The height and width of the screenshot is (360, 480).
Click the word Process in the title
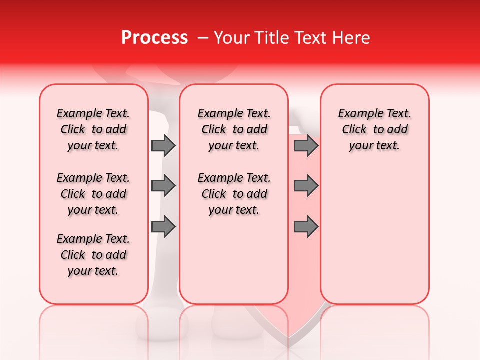click(x=154, y=38)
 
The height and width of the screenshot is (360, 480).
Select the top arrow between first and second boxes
click(x=163, y=145)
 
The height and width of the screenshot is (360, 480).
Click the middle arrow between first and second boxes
click(x=163, y=186)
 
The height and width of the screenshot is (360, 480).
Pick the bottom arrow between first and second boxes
click(x=163, y=227)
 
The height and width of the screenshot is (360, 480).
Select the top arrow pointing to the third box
click(x=306, y=145)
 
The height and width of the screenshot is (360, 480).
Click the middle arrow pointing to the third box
click(x=306, y=186)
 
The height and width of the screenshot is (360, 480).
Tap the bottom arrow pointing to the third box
click(x=306, y=227)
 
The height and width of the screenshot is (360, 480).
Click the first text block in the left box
click(x=93, y=129)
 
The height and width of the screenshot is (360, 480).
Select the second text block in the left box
click(x=93, y=194)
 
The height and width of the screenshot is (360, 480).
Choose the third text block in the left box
click(x=93, y=255)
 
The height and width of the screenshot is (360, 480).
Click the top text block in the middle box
click(x=234, y=129)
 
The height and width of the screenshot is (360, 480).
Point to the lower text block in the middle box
click(x=234, y=194)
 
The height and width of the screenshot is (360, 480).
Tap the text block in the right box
click(x=374, y=129)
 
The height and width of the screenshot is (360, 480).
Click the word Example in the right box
click(x=356, y=114)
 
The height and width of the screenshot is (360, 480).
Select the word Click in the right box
click(x=354, y=130)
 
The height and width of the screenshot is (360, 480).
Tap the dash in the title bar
click(x=203, y=38)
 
